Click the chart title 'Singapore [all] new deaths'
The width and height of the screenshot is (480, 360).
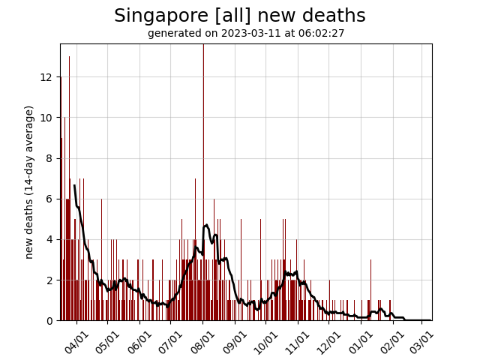click(240, 16)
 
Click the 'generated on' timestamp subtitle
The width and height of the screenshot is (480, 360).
click(246, 34)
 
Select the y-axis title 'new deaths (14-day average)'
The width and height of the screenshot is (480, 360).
click(30, 182)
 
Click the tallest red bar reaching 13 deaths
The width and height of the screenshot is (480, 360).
click(70, 187)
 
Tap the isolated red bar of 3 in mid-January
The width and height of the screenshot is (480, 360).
click(370, 291)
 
